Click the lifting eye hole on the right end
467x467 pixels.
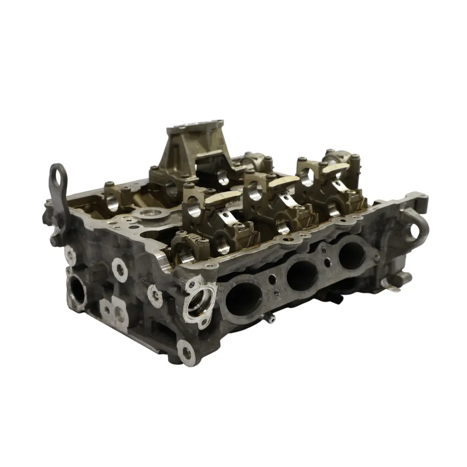point(415,230)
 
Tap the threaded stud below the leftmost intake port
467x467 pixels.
point(270,320)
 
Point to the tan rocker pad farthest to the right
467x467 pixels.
point(336,168)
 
